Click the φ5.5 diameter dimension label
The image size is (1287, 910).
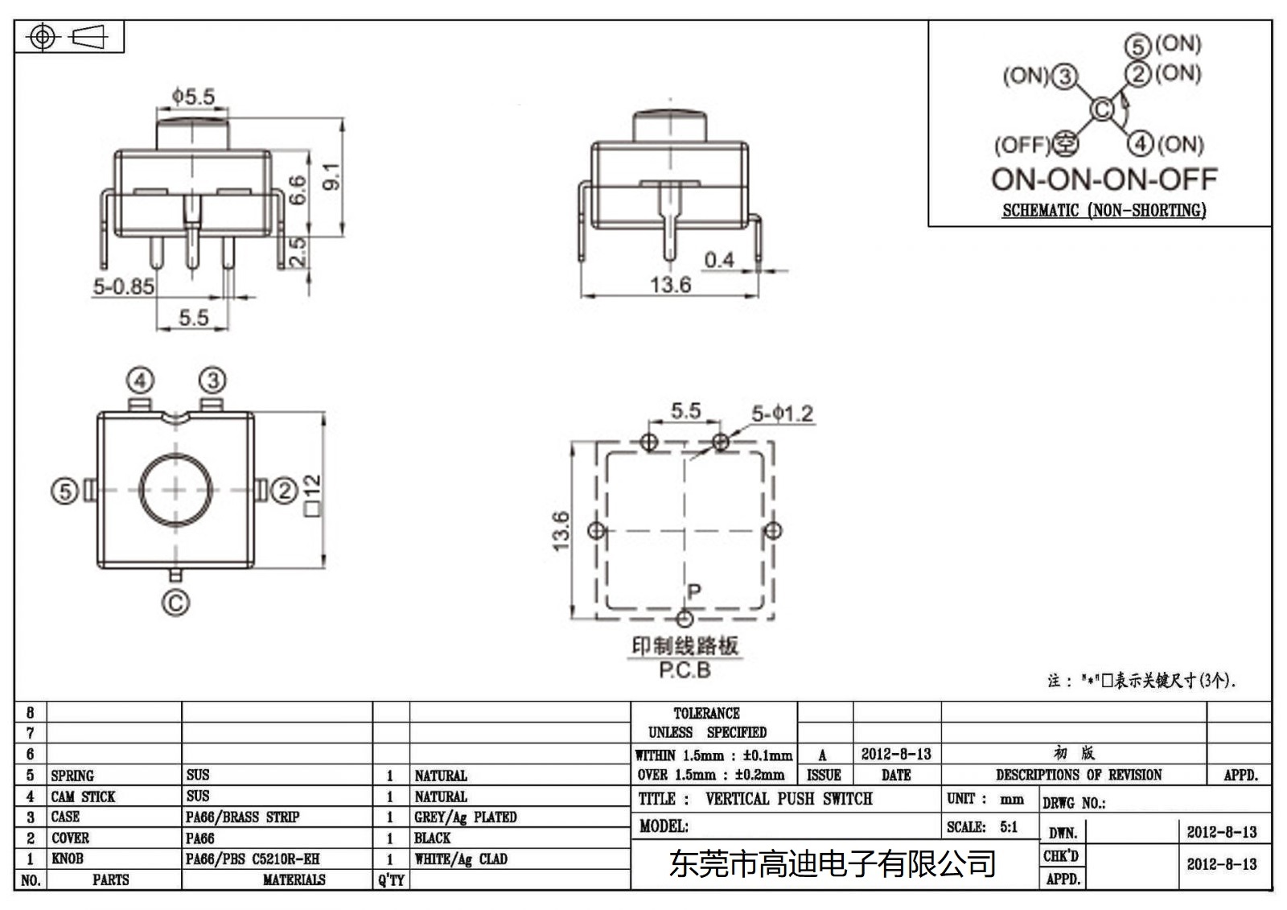pyautogui.click(x=193, y=97)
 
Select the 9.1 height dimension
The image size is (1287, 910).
pyautogui.click(x=331, y=176)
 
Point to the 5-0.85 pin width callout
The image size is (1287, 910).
pyautogui.click(x=123, y=286)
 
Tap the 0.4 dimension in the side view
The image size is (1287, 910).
pyautogui.click(x=718, y=260)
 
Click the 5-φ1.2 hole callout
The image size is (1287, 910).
pyautogui.click(x=782, y=414)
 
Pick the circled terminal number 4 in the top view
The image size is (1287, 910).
pyautogui.click(x=140, y=380)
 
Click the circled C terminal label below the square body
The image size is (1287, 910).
pyautogui.click(x=175, y=603)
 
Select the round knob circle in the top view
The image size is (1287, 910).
pyautogui.click(x=177, y=489)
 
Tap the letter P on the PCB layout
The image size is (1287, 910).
pyautogui.click(x=694, y=592)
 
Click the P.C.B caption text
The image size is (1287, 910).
pyautogui.click(x=685, y=670)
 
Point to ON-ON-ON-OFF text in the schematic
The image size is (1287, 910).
pyautogui.click(x=1104, y=179)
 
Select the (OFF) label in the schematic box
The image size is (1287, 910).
pyautogui.click(x=1022, y=146)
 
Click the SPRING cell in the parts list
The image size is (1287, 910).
pyautogui.click(x=72, y=776)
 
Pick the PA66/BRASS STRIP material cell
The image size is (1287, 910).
pyautogui.click(x=242, y=817)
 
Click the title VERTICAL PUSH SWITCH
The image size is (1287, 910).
pyautogui.click(x=788, y=799)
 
